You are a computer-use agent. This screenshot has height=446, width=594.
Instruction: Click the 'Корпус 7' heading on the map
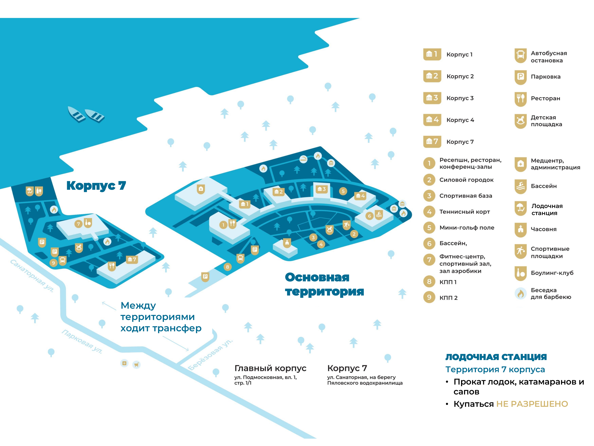click(x=96, y=185)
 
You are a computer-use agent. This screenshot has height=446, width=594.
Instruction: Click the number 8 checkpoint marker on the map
click(x=227, y=267)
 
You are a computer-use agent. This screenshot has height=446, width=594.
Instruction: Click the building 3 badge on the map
click(x=322, y=189)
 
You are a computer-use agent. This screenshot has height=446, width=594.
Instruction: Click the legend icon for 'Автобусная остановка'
click(x=520, y=56)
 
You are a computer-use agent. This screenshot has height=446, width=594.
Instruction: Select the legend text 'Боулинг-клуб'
click(x=552, y=273)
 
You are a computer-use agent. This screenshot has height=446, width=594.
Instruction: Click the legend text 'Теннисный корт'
click(x=465, y=212)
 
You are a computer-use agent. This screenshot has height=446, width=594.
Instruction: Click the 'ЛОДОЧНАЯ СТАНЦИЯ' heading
click(x=496, y=357)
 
